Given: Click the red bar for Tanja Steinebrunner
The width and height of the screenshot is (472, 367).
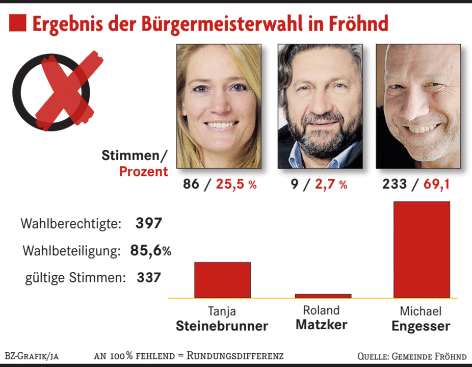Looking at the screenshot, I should pyautogui.click(x=222, y=280).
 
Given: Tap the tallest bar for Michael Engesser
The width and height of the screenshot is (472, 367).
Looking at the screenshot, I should pyautogui.click(x=422, y=249).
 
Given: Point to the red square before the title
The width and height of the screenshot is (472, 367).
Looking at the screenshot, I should pyautogui.click(x=18, y=23).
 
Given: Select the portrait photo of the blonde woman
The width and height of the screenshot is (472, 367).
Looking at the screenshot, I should pyautogui.click(x=219, y=106).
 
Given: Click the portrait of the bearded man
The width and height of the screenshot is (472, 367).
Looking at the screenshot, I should pyautogui.click(x=320, y=106).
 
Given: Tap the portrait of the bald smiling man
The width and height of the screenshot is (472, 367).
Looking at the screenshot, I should pyautogui.click(x=418, y=106).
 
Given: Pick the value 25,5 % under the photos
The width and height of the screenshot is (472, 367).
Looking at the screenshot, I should pyautogui.click(x=236, y=185).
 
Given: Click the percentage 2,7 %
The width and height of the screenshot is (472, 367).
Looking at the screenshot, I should pyautogui.click(x=331, y=185).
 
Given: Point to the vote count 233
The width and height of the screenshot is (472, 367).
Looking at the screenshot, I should pyautogui.click(x=395, y=185).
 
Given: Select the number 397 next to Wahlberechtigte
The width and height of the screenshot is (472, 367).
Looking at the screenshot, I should pyautogui.click(x=148, y=223).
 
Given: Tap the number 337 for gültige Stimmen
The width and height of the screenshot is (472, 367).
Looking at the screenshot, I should pyautogui.click(x=149, y=278).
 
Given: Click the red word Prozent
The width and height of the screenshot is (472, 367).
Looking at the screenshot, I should pyautogui.click(x=143, y=171).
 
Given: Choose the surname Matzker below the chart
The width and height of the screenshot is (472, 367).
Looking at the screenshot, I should pyautogui.click(x=321, y=325).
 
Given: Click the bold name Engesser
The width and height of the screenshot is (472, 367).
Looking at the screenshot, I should pyautogui.click(x=421, y=326).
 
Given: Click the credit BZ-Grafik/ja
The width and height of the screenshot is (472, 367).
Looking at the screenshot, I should pyautogui.click(x=32, y=356).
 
